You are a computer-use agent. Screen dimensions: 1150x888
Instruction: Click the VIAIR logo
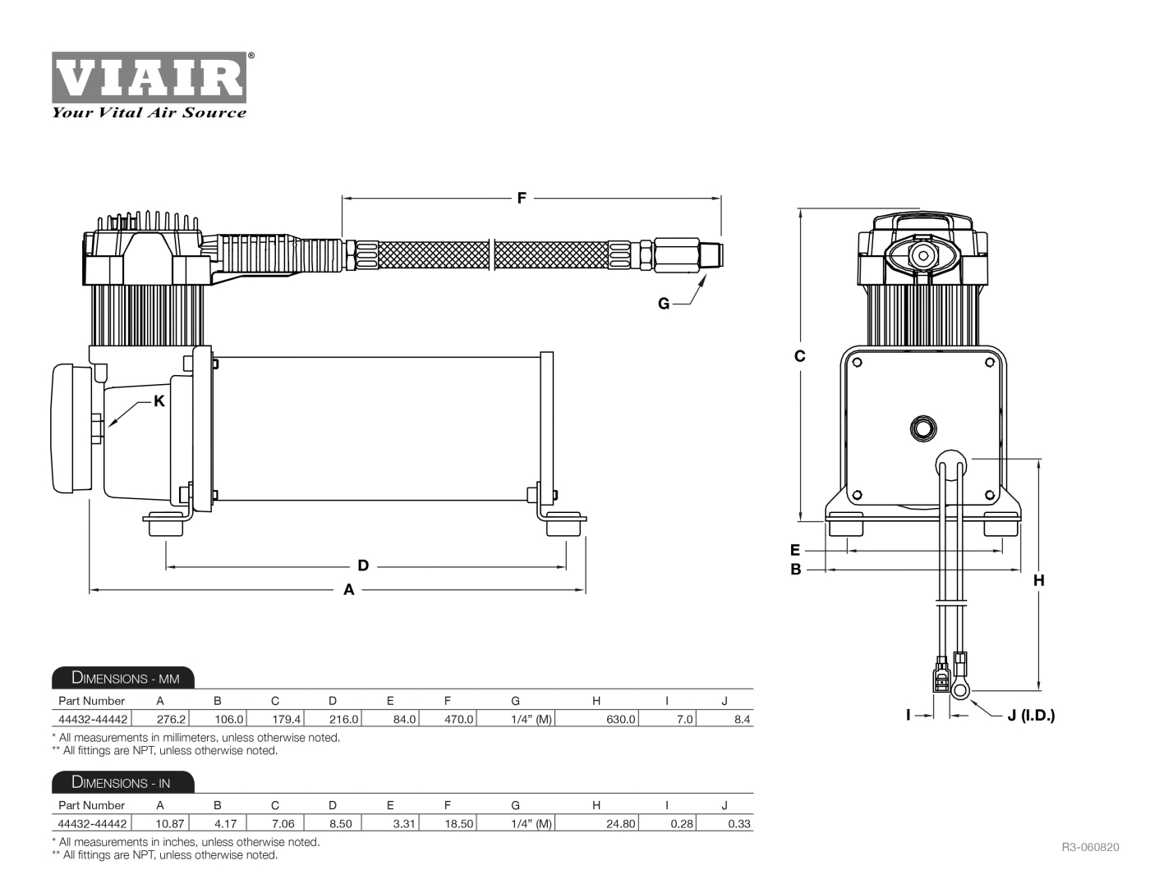tap(149, 78)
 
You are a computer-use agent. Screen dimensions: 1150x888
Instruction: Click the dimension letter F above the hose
tap(522, 199)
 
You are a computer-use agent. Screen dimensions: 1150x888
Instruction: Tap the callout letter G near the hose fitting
tap(664, 304)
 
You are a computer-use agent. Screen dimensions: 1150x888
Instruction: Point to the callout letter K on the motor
tap(159, 401)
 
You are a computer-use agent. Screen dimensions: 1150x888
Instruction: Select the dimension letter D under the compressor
tap(363, 565)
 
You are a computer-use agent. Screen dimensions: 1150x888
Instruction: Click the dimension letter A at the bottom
tap(349, 589)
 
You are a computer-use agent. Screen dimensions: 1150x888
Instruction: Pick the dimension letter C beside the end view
tap(799, 356)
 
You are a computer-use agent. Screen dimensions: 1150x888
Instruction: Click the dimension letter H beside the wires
tap(1039, 580)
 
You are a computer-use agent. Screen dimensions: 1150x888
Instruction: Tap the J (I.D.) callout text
tap(1031, 716)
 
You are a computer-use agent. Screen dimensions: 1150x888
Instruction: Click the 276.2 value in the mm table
tap(171, 720)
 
